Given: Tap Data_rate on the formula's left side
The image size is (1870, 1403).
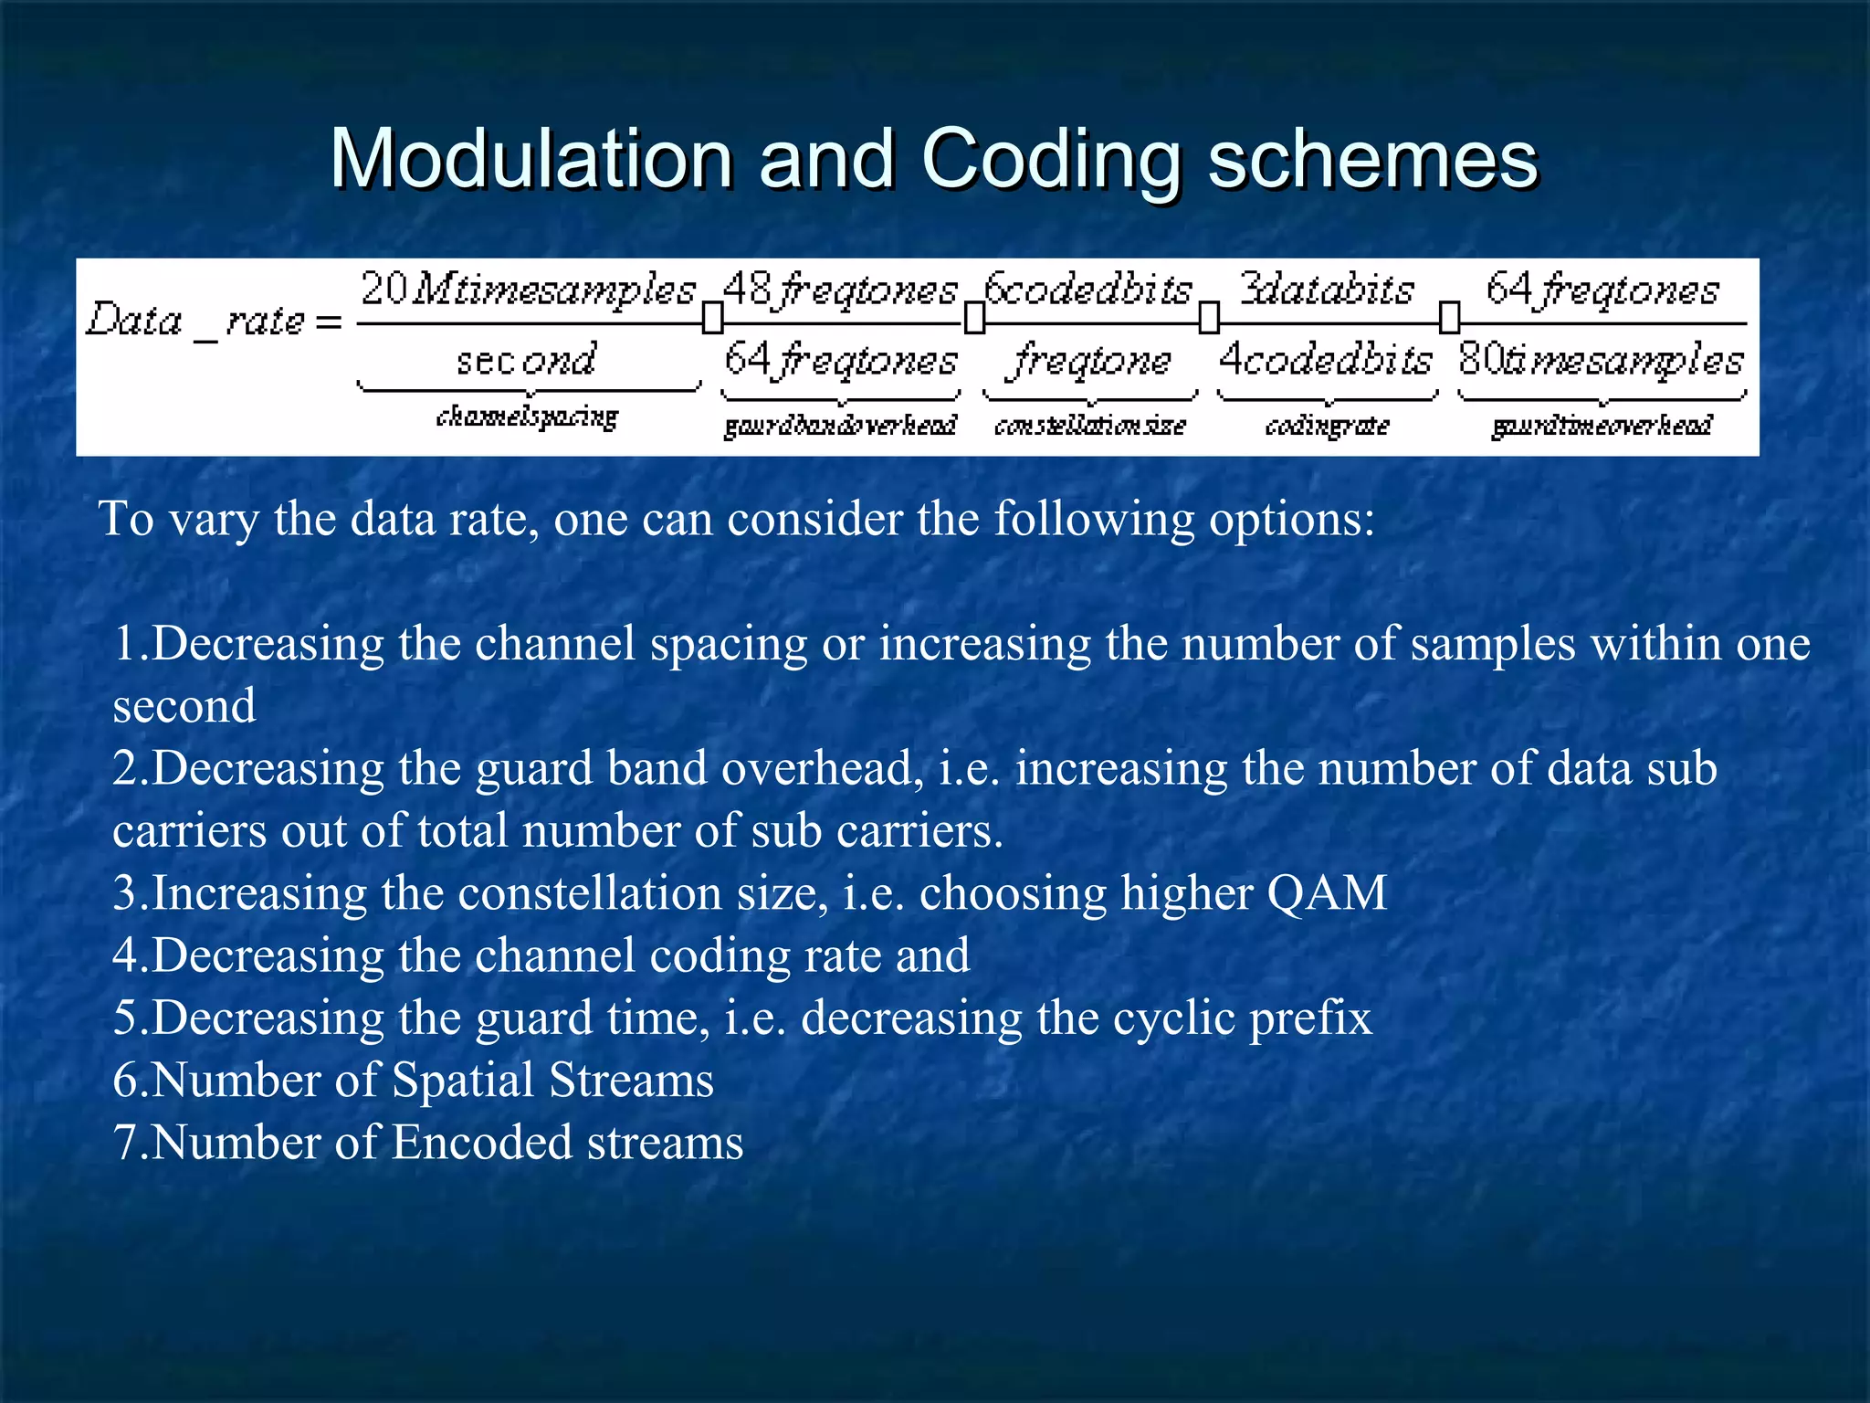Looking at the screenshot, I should pos(196,321).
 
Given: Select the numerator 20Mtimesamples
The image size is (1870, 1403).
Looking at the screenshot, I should pos(528,290).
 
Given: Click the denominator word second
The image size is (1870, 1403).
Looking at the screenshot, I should pos(527,360).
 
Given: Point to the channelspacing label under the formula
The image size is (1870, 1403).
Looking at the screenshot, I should pos(527,417).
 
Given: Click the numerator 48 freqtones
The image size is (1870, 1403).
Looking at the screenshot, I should pos(840,290).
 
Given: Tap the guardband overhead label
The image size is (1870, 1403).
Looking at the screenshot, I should pos(840,426).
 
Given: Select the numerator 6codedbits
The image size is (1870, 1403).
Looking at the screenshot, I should pos(1088,290).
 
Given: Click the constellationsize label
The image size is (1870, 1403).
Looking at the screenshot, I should pos(1089,426).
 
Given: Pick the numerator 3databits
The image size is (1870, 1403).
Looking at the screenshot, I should pos(1327,290).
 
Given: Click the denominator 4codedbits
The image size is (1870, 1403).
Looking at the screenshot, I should pos(1326,360).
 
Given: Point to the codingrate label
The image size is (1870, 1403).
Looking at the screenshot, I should pos(1327,426).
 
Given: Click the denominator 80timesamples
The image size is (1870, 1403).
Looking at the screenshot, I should pos(1601,360).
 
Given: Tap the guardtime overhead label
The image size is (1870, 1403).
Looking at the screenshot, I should pos(1602,426).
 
